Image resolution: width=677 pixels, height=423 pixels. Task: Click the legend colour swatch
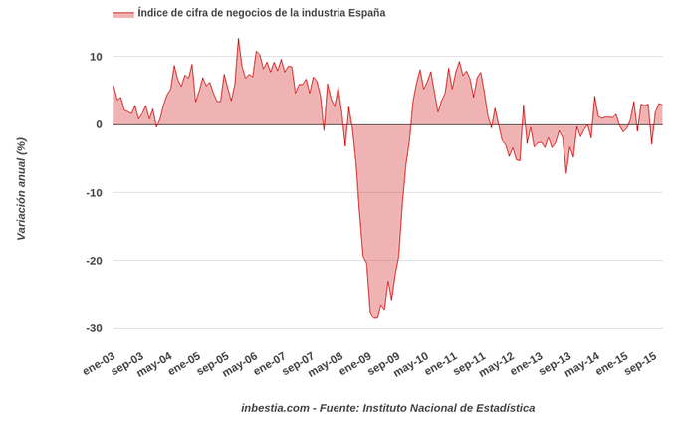point(123,14)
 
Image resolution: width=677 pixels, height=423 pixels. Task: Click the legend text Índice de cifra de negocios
point(262,13)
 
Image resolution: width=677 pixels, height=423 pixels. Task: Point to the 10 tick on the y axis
point(96,57)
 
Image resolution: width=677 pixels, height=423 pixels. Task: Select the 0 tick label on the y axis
point(99,124)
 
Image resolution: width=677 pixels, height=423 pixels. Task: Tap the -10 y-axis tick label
point(94,192)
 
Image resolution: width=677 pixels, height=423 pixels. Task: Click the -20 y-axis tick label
point(94,261)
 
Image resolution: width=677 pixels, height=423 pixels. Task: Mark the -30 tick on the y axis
point(94,328)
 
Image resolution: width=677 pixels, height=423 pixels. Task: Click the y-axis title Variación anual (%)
point(21,189)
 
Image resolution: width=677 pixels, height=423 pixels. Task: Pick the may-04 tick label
point(154,364)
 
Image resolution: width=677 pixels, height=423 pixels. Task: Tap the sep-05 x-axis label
point(212,364)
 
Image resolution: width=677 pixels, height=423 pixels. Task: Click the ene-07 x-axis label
point(270,364)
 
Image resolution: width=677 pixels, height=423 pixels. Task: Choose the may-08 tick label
point(326,364)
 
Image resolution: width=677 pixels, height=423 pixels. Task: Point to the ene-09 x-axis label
point(355,364)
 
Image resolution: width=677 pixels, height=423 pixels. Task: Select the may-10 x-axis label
point(411,364)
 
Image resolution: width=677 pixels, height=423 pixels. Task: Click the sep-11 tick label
point(469,364)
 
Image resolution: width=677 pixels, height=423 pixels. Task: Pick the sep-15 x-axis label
point(640,364)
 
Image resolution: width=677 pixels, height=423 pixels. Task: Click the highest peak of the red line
point(239,39)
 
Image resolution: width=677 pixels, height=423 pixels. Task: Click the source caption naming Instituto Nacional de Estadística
point(387,408)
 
